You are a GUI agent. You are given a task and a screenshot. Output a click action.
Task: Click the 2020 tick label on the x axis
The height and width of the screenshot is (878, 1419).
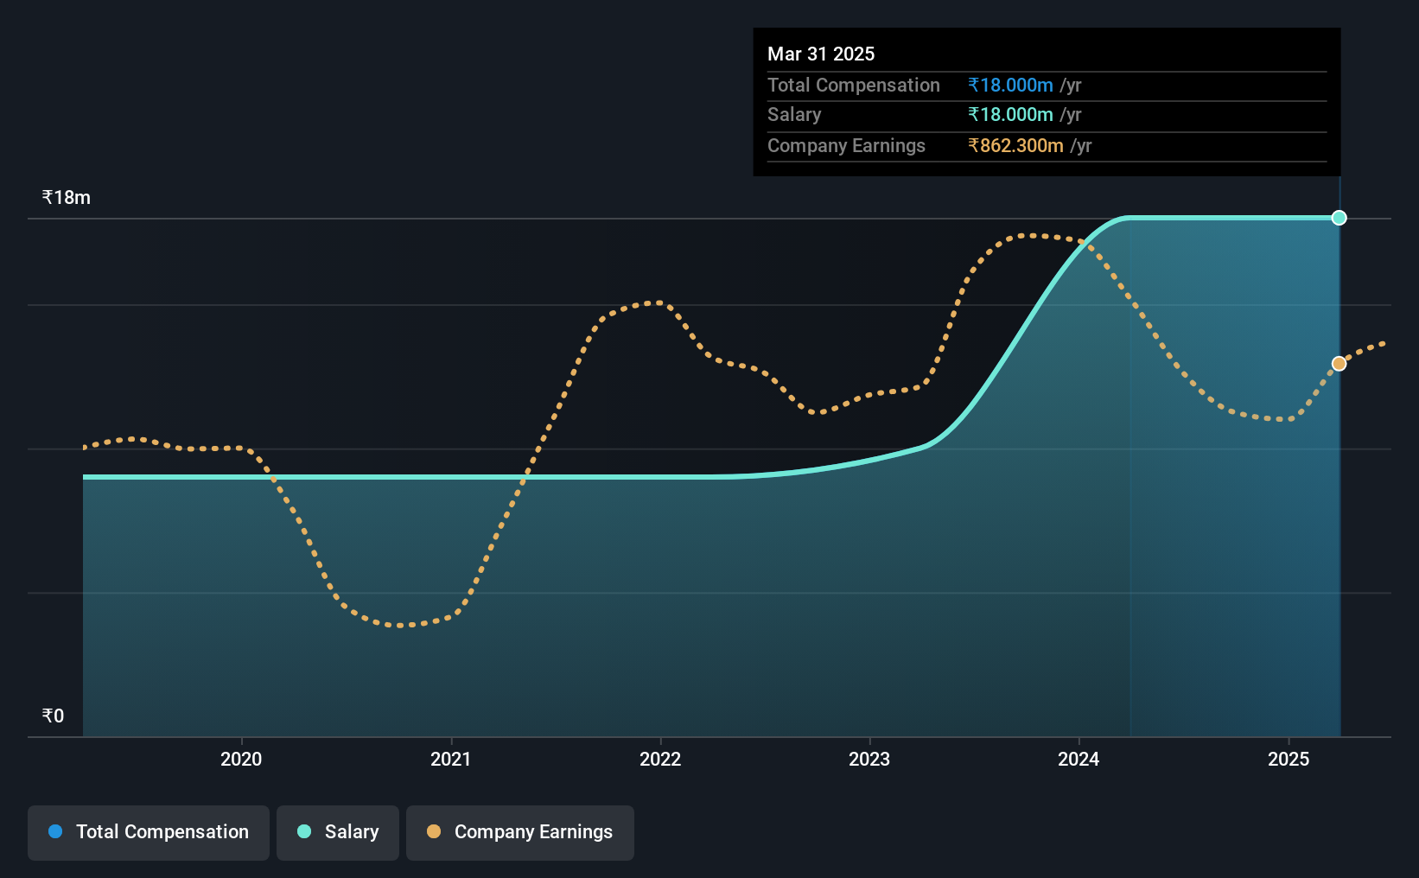tap(241, 759)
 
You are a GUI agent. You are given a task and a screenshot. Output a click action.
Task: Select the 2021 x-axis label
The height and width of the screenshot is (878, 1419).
tap(450, 759)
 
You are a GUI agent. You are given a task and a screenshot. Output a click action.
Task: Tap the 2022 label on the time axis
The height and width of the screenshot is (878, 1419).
tap(660, 759)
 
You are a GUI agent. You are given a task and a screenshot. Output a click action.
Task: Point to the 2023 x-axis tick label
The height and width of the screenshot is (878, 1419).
tap(869, 759)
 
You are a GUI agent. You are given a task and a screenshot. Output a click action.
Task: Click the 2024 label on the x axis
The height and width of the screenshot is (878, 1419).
tap(1079, 759)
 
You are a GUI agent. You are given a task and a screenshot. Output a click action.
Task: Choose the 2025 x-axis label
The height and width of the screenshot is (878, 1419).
tap(1289, 759)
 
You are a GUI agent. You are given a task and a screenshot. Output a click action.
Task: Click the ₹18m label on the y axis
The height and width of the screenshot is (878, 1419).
tap(66, 198)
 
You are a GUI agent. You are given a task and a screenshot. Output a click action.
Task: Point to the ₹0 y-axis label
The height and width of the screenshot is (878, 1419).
tap(53, 716)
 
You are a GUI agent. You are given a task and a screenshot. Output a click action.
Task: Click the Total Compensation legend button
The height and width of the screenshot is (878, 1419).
tap(149, 832)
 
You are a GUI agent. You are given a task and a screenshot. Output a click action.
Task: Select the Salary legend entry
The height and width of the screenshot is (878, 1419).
tap(338, 832)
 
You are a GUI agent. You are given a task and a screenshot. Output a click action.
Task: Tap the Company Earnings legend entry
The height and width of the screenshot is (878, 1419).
tap(520, 832)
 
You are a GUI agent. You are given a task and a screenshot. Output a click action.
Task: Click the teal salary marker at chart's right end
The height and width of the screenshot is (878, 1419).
tap(1339, 218)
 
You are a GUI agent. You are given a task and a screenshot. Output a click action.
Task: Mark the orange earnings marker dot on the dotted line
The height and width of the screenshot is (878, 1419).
tap(1339, 364)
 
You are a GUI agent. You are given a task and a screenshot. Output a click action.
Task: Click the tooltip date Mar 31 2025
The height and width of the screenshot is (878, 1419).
tap(820, 54)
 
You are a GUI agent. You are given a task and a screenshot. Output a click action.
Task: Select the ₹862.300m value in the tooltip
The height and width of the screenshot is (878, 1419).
tap(1015, 146)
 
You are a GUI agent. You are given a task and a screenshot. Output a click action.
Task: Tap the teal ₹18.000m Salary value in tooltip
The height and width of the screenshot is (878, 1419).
tap(1010, 115)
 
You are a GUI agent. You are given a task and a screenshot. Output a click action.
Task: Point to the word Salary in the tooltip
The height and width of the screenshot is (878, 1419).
tap(793, 115)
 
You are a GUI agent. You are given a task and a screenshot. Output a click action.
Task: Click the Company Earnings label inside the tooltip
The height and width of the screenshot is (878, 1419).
tap(846, 146)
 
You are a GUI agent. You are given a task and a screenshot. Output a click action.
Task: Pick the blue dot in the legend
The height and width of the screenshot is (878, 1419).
tap(55, 831)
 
